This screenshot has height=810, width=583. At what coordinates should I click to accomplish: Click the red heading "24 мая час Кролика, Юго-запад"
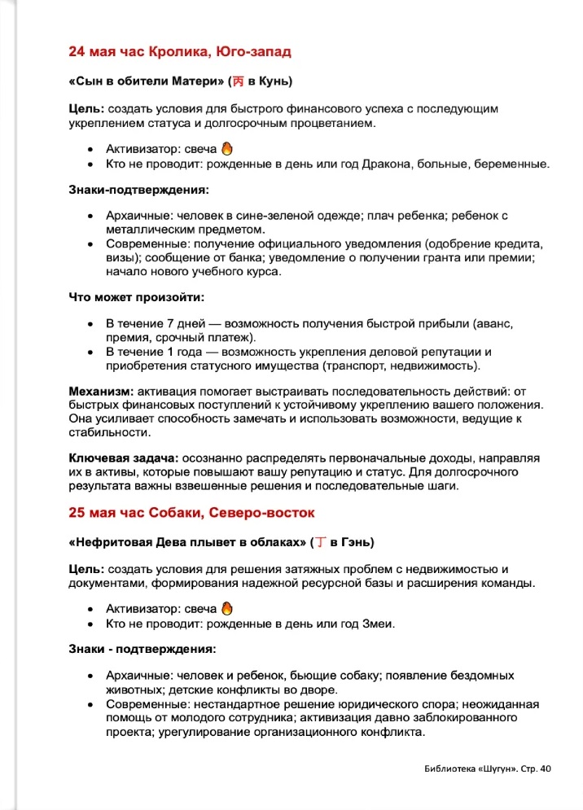coord(180,52)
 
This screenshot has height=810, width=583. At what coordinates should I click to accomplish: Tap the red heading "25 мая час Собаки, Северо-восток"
coord(191,513)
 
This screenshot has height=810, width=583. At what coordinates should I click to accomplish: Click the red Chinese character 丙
coord(239,81)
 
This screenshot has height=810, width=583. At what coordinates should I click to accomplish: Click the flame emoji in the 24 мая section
coord(228,149)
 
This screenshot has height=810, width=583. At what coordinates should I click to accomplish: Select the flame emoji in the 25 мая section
coord(228,609)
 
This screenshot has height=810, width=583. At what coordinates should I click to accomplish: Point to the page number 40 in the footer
coord(545,768)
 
